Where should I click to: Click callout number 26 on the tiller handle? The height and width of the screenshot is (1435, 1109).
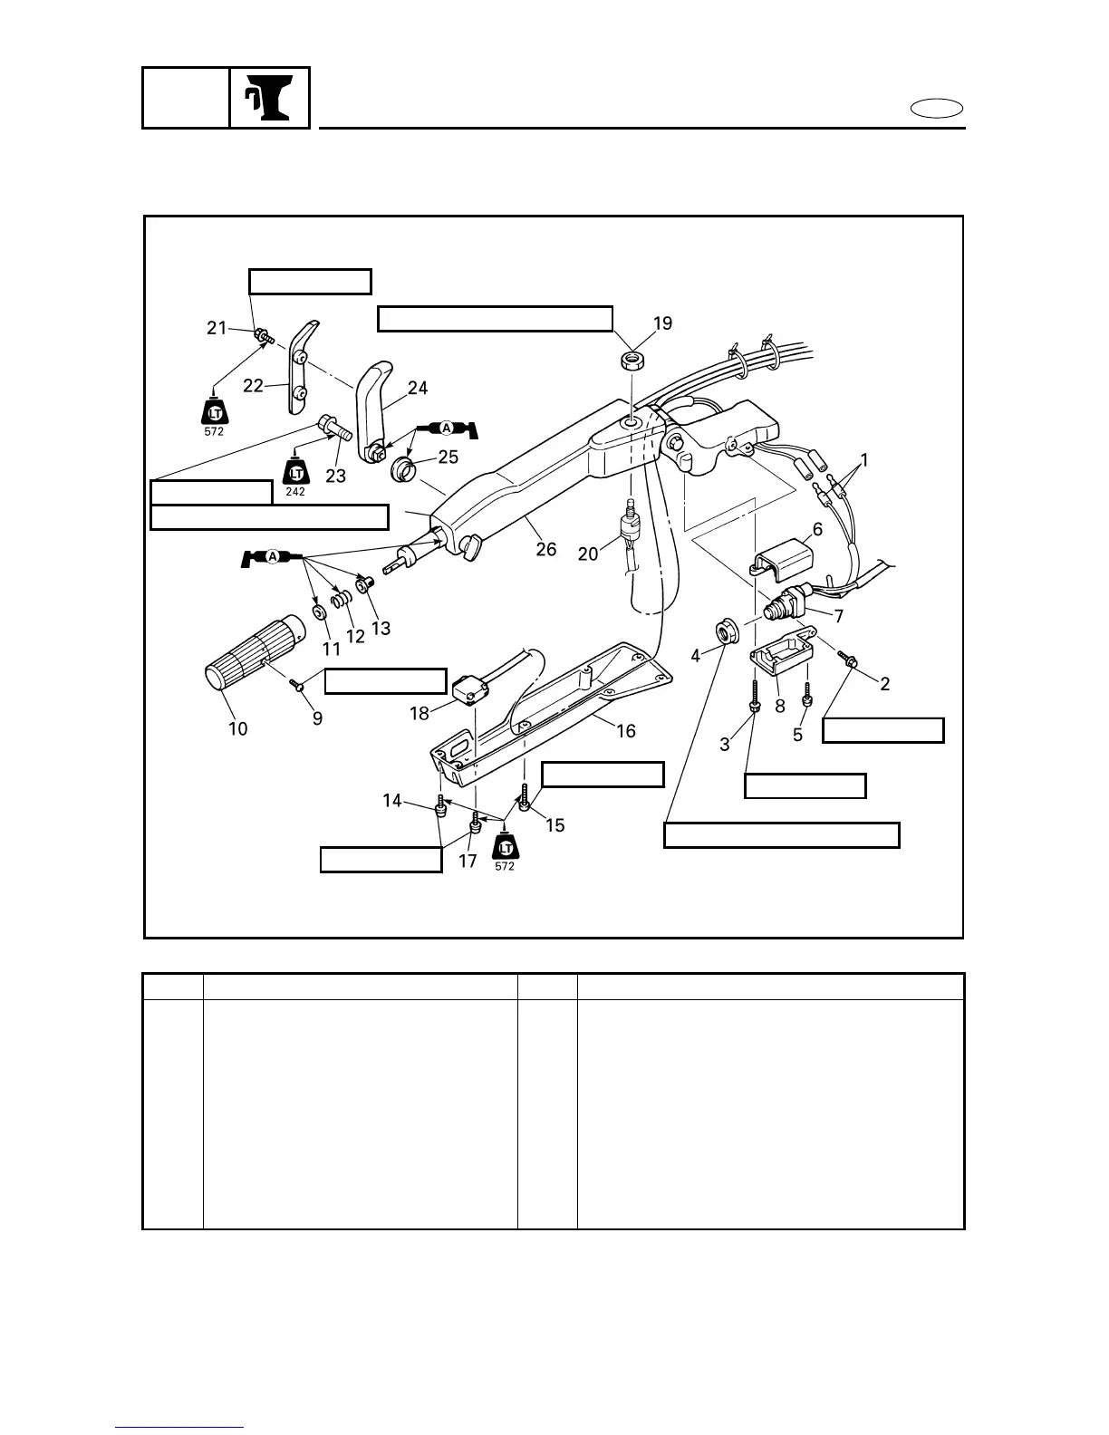[545, 549]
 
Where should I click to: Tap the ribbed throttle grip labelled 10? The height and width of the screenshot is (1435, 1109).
[242, 653]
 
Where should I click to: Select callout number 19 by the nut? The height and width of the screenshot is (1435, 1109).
[663, 323]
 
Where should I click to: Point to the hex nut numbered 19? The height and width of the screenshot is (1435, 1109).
[631, 360]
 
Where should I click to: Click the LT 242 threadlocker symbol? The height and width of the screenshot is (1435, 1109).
[295, 476]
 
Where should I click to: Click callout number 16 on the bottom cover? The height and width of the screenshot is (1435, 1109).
[626, 731]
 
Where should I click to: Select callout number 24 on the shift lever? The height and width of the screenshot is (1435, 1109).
[418, 388]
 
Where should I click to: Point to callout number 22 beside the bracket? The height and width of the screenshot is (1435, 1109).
[253, 385]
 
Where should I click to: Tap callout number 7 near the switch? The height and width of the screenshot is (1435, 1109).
[839, 617]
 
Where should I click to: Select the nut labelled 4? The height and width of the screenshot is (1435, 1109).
[726, 630]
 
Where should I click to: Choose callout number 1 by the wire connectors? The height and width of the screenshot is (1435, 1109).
[864, 460]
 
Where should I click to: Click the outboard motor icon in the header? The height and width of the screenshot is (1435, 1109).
[269, 98]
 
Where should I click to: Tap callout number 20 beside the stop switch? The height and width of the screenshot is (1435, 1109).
[588, 552]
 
